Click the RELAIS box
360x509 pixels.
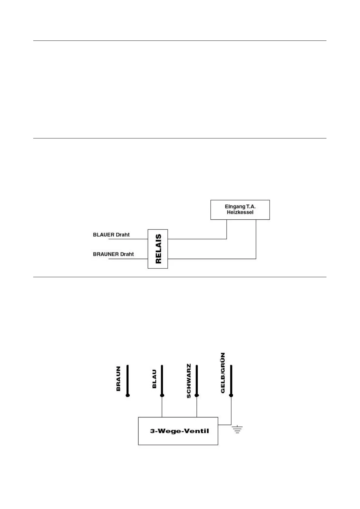click(158, 249)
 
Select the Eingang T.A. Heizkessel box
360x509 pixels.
click(240, 209)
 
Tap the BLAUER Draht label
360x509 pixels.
click(111, 235)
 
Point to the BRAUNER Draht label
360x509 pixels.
click(113, 254)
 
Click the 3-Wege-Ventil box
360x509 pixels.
click(178, 431)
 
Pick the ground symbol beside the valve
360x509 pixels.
click(238, 429)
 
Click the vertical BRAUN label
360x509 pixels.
click(118, 379)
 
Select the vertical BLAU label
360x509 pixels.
click(154, 379)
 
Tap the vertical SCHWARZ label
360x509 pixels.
click(189, 381)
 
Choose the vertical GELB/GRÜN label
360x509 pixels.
click(223, 373)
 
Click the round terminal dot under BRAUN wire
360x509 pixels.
click(128, 395)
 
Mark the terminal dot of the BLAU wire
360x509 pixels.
click(162, 395)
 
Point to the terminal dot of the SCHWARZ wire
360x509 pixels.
click(197, 395)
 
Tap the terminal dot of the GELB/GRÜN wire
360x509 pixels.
click(231, 395)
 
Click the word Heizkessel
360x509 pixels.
click(240, 212)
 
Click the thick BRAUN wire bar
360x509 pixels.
click(128, 379)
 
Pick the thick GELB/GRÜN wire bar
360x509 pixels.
click(231, 379)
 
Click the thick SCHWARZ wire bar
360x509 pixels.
click(197, 379)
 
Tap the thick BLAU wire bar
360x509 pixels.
click(162, 379)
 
